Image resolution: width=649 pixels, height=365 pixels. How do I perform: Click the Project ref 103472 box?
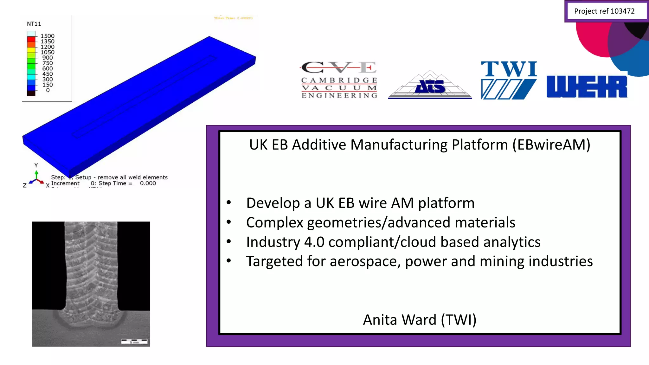604,11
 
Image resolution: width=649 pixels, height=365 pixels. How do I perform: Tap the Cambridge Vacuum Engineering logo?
339,80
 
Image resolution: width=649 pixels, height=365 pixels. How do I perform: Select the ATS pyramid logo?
430,85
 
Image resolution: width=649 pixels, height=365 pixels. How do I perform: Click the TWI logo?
509,80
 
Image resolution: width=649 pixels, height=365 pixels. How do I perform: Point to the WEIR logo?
587,86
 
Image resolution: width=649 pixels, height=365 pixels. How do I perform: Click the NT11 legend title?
34,24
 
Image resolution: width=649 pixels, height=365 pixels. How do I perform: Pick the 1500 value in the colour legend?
48,36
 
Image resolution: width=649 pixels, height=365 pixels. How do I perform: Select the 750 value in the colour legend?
48,63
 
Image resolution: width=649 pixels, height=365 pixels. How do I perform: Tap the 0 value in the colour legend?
48,90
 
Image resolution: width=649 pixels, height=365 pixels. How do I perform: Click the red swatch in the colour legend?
31,39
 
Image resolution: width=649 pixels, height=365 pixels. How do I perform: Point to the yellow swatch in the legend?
31,50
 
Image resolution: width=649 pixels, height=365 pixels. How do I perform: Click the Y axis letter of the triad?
36,165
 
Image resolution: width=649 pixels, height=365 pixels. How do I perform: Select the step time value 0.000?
148,183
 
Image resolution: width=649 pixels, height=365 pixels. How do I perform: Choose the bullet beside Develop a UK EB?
229,203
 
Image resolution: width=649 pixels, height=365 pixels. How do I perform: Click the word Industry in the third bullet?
273,242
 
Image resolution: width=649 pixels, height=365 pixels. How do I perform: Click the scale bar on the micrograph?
134,341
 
